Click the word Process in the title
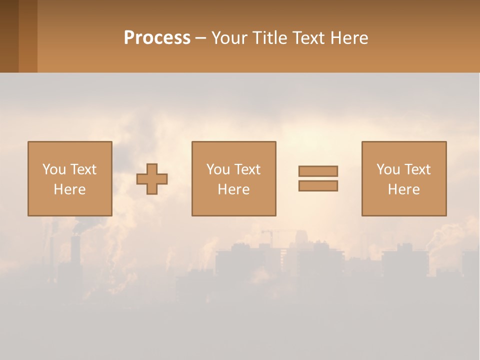coord(157,38)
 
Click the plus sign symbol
coord(152,179)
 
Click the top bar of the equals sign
coord(318,171)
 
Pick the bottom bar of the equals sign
coord(318,185)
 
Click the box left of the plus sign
coord(69,150)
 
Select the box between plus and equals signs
coord(233,150)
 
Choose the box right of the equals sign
coord(404,150)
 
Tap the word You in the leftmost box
coord(54,169)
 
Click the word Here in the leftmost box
coord(69,189)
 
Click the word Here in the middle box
coord(233,189)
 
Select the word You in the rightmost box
coord(388,169)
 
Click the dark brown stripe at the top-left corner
coord(9,36)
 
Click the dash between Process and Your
coord(200,38)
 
